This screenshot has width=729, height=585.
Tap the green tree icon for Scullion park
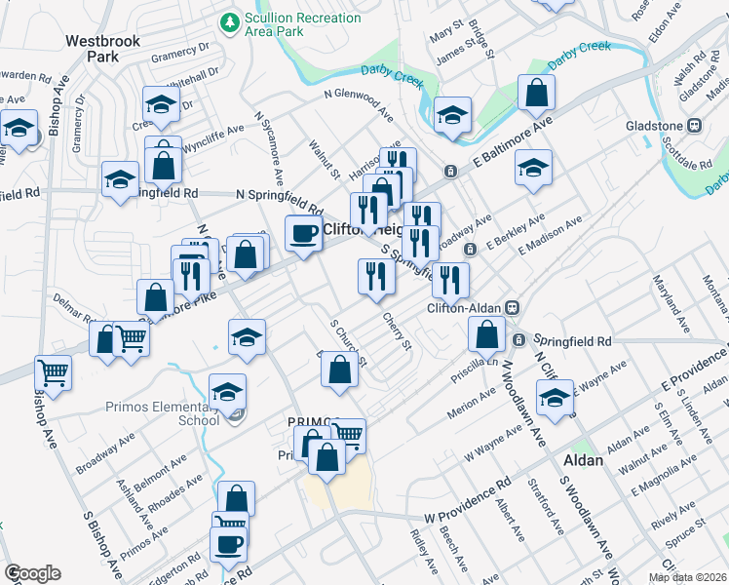tap(230, 19)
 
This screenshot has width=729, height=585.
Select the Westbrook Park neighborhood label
tap(102, 49)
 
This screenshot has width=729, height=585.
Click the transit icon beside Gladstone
tap(696, 125)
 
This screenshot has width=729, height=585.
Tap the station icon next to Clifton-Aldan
tap(511, 307)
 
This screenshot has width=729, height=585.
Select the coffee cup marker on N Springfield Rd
tap(302, 233)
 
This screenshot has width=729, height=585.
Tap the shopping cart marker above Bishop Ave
tap(53, 371)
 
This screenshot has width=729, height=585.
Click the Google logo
tap(32, 573)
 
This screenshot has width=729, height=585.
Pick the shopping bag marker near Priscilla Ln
tap(485, 334)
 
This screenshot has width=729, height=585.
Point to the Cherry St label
tap(398, 330)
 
